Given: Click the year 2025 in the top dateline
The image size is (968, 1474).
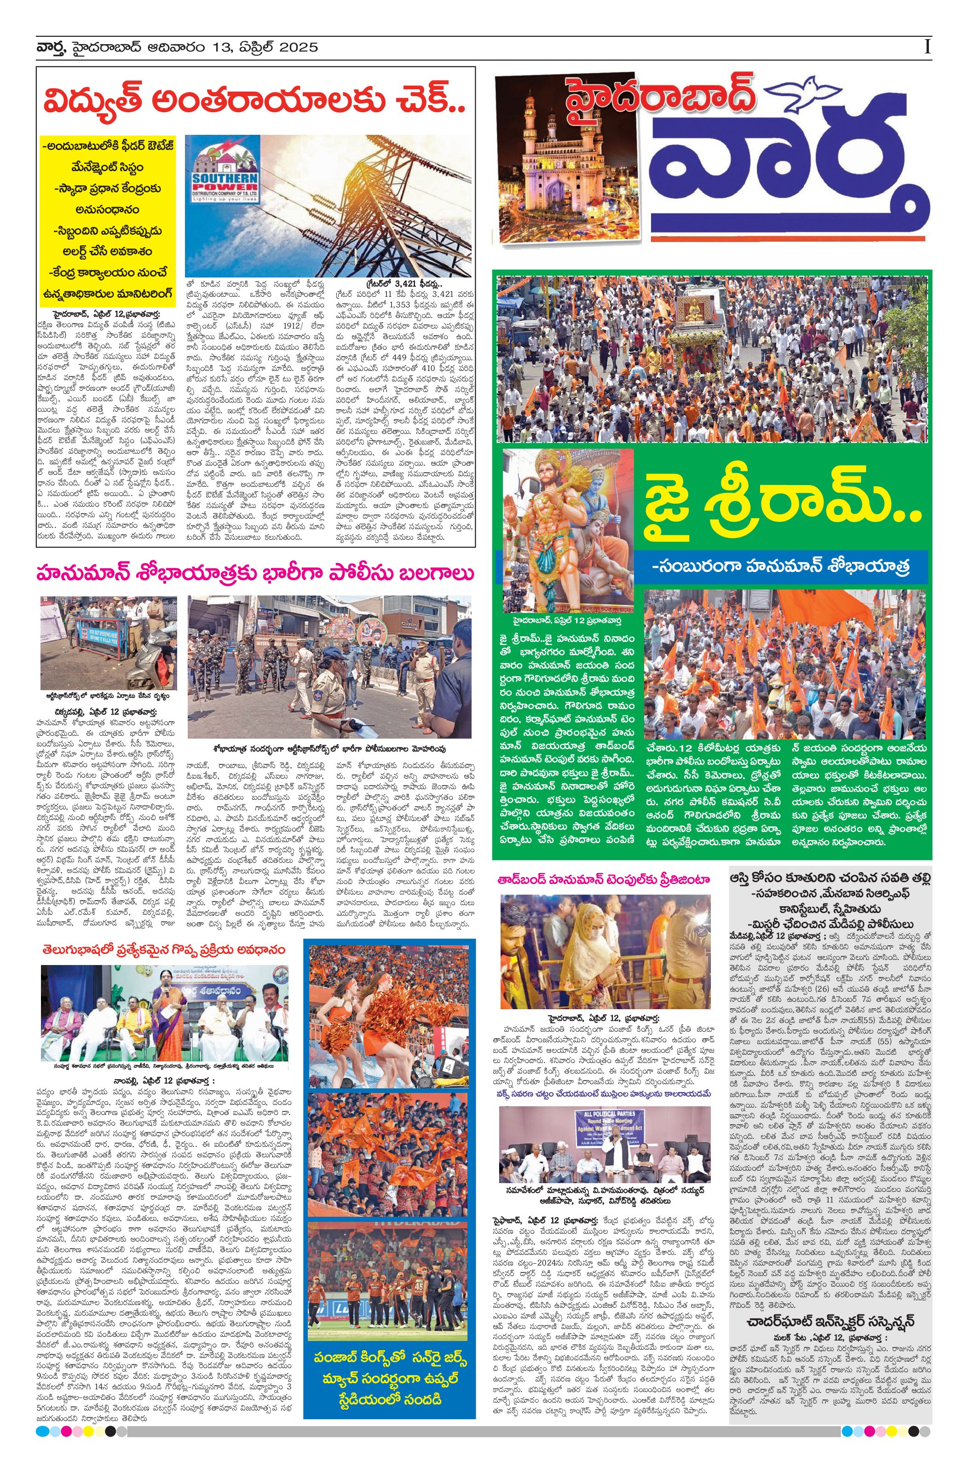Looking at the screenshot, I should coord(299,47).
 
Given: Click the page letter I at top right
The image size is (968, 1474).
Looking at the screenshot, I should coord(927,46).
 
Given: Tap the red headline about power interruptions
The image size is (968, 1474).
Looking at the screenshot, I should coord(254,100).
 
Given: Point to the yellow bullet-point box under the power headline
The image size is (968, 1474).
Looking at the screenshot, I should coord(107,219).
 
